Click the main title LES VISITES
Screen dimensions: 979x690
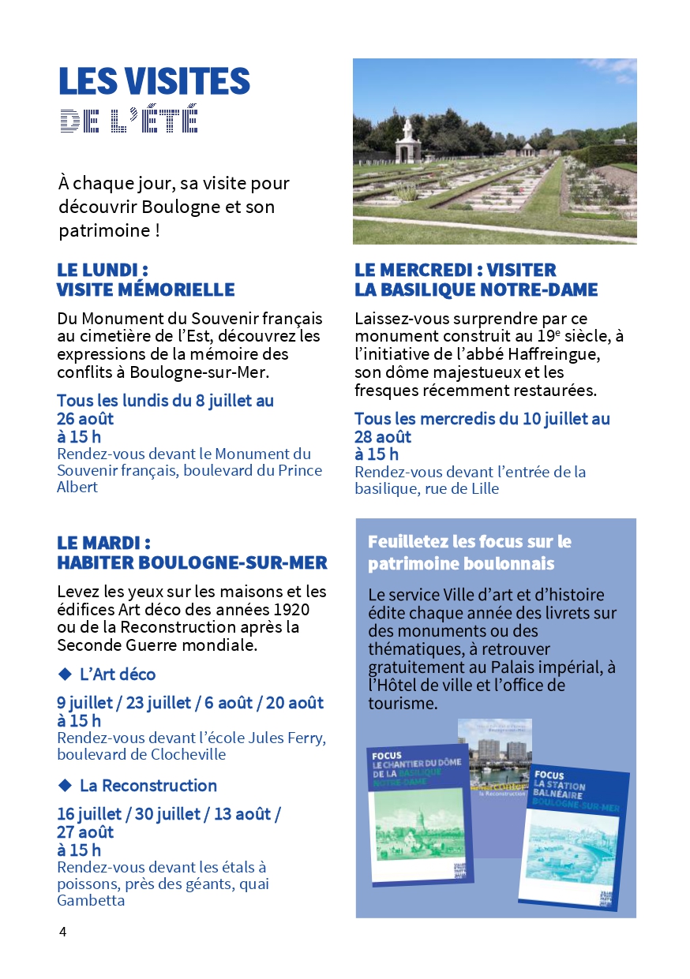(x=154, y=82)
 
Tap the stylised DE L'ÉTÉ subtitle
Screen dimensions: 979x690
(x=129, y=120)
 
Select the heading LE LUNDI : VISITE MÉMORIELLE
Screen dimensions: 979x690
(x=145, y=280)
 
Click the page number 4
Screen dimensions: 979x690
(x=63, y=932)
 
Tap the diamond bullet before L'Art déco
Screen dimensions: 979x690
(x=65, y=674)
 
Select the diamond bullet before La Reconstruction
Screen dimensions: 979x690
(x=65, y=785)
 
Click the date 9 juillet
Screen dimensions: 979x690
(x=87, y=702)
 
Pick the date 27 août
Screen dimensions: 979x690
(x=85, y=831)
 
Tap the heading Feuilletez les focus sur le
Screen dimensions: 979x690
(x=469, y=542)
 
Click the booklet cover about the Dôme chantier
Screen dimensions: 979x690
(x=416, y=813)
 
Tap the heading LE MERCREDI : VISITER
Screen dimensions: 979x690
(x=456, y=271)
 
